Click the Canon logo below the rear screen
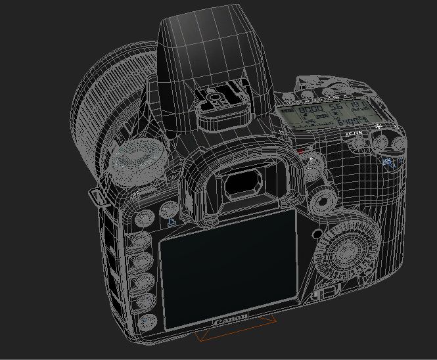coord(231,319)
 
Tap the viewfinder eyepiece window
coord(243,185)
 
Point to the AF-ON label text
coord(354,134)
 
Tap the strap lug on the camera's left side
coord(97,195)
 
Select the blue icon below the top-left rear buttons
coord(172,221)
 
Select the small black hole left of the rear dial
coord(318,233)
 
